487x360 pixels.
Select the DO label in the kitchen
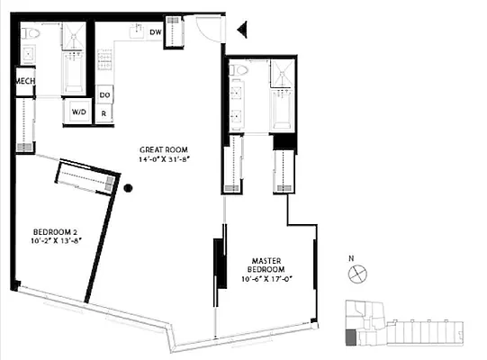(104, 94)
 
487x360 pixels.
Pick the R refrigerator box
(104, 114)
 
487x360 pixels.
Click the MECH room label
(24, 82)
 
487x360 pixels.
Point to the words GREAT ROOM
(162, 149)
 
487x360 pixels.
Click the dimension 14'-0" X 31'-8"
(162, 159)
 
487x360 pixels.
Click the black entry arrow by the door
(241, 31)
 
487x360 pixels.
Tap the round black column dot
(129, 188)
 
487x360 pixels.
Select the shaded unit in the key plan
(350, 337)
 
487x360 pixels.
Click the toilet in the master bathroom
(239, 70)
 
